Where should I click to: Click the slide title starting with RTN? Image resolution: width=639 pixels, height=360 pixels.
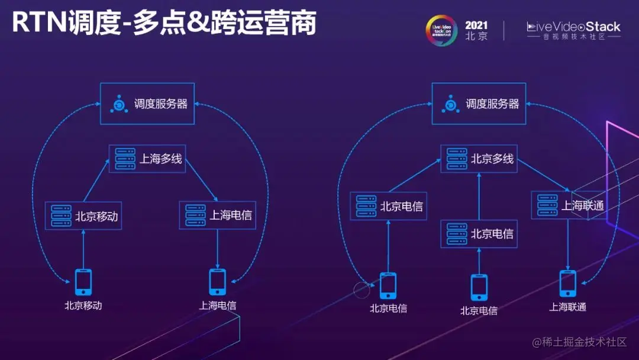coord(164,24)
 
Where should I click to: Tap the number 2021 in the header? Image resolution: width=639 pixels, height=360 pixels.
coord(476,25)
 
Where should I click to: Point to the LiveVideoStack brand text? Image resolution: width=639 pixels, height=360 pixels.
coord(573,27)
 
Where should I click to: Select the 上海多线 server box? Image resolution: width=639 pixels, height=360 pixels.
coord(147,159)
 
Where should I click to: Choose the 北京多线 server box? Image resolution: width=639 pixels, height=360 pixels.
coord(479,159)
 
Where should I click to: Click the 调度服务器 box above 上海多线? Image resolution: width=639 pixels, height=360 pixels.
coord(147,104)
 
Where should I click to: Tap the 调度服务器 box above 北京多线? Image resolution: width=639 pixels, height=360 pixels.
coord(479,104)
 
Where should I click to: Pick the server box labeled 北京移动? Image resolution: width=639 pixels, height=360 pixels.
coord(83,216)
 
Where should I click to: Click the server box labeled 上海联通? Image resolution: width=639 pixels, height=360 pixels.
coord(568,205)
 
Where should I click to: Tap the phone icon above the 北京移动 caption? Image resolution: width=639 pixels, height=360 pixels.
coord(83,282)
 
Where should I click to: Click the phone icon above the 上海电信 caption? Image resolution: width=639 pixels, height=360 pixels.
coord(218,282)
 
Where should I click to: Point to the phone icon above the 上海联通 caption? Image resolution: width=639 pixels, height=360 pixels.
coord(568,283)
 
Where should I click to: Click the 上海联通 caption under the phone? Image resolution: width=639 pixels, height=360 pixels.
coord(568,307)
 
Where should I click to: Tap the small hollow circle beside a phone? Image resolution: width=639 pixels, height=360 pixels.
coord(361,290)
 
